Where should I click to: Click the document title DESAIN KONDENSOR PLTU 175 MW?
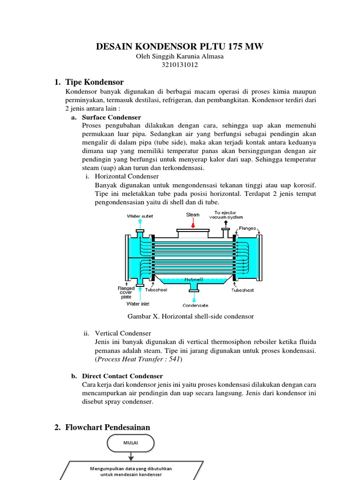tap(180, 46)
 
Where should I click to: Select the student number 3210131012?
tap(180, 65)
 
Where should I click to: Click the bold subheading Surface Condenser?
tap(111, 117)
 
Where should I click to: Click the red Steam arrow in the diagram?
tap(193, 224)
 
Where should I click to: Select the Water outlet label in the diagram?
tap(140, 216)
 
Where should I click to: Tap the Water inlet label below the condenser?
tap(139, 304)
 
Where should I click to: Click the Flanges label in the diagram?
tap(247, 228)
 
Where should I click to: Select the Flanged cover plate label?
tap(126, 292)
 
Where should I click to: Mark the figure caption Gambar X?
tap(187, 316)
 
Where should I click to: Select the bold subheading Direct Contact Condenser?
tap(122, 376)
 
